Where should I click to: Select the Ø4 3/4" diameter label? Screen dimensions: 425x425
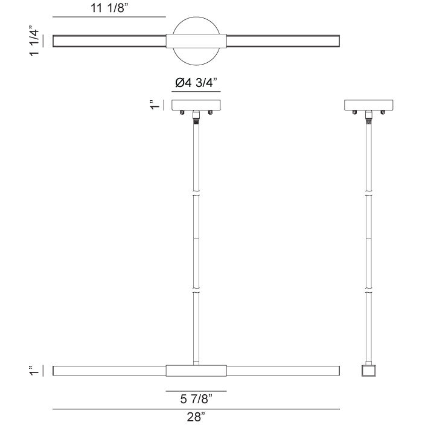196,85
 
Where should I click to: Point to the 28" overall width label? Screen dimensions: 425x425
196,417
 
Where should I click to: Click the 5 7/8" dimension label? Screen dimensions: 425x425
196,398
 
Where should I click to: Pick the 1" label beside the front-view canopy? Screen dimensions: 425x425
155,105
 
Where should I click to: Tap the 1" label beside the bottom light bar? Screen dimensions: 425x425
35,370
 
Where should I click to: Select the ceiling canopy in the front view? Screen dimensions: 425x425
196,104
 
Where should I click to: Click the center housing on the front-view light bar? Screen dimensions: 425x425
196,370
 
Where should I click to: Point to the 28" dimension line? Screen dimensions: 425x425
196,409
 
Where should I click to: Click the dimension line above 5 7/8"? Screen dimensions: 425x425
196,391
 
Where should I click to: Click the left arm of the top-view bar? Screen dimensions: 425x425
109,42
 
